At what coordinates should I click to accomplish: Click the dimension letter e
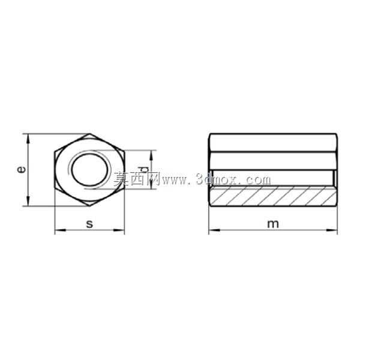coord(22,170)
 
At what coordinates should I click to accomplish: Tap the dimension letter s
coord(89,224)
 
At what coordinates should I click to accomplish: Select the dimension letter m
coord(273,224)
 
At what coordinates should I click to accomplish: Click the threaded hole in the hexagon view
coord(89,170)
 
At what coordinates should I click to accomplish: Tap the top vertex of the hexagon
coord(89,134)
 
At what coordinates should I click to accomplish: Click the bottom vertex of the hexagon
coord(89,206)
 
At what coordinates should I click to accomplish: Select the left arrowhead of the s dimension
coord(60,230)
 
